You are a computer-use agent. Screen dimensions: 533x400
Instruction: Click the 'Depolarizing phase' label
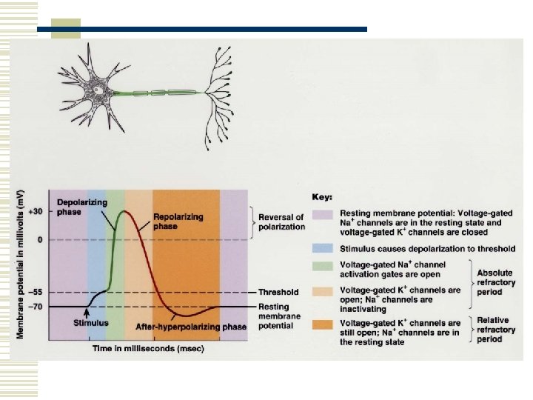[82, 207]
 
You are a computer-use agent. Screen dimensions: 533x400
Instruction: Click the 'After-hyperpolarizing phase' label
[191, 326]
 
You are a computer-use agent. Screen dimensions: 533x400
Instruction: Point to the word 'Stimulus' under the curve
[91, 322]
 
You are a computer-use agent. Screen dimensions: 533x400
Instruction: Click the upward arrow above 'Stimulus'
[87, 313]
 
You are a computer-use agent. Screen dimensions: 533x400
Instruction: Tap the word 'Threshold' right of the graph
[279, 293]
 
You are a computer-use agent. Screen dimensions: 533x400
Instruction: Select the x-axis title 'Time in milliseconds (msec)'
[148, 347]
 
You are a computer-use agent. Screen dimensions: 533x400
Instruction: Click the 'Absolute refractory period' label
[495, 283]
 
